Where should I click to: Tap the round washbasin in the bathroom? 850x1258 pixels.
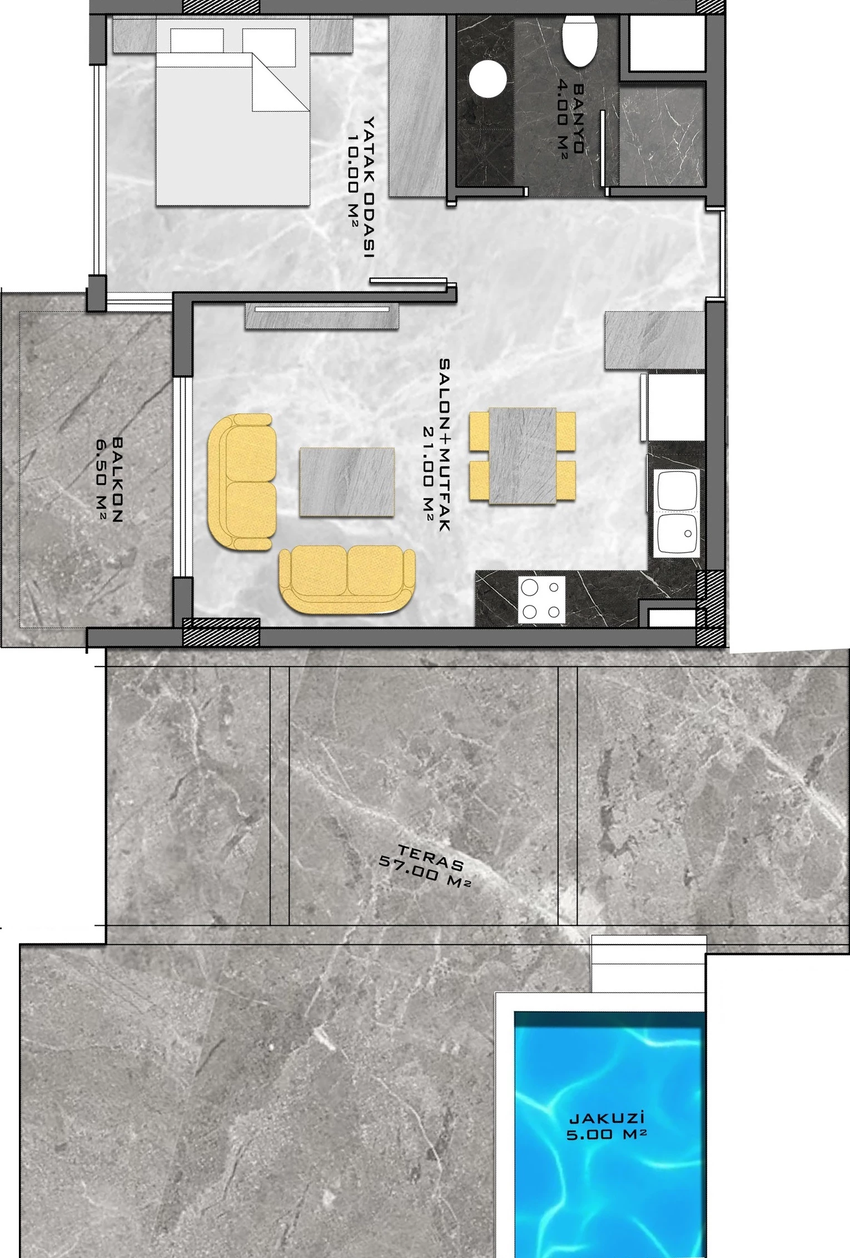488,79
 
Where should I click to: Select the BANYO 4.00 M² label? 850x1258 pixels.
571,119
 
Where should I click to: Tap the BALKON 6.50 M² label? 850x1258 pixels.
110,479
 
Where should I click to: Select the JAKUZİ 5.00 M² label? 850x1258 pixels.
607,1126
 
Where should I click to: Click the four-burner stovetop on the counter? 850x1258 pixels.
542,599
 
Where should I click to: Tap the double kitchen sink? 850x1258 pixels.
677,513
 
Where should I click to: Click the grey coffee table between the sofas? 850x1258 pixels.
347,482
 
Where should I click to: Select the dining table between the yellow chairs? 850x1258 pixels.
523,455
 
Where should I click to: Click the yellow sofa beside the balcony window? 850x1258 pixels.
242,482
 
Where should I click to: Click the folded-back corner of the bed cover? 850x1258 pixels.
280,82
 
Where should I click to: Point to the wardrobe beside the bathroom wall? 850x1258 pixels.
417,106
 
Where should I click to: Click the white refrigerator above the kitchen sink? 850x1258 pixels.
673,407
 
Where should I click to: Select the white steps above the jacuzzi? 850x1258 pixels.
648,964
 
